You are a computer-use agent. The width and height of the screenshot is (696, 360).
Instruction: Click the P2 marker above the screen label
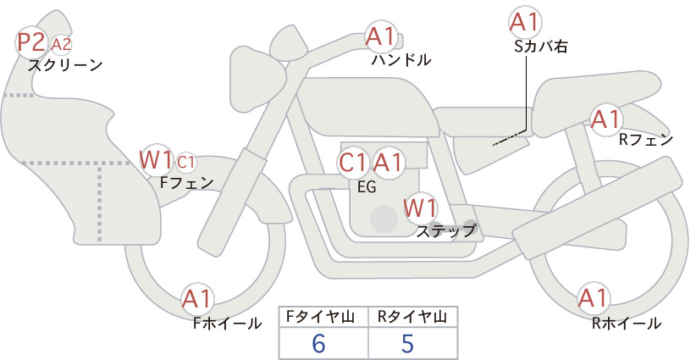coord(31,42)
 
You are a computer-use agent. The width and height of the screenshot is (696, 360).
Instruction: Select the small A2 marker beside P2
coord(61,44)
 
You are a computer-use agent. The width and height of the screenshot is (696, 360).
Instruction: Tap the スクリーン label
coord(65,65)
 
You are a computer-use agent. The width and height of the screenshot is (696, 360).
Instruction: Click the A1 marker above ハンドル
coord(380,36)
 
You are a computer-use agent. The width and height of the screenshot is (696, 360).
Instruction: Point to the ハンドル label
coord(400,59)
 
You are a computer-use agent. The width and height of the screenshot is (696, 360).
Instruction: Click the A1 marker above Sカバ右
coord(525,22)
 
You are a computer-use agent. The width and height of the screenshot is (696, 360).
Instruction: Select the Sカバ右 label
coord(541,47)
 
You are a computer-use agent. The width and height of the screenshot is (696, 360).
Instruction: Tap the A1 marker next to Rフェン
coord(605,119)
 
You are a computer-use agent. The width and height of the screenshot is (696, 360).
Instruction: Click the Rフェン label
coord(646,140)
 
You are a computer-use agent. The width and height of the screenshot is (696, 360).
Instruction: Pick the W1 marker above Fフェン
coord(155,160)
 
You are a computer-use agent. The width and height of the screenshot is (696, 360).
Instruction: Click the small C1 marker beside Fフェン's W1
coord(186,163)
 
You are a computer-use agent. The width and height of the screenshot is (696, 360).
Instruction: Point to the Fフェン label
coord(186,183)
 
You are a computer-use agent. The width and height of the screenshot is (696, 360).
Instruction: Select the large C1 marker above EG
coord(353,163)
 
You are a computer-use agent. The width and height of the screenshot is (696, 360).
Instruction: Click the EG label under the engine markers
coord(367,187)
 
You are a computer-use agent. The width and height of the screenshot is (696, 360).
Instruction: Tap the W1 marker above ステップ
coord(420,208)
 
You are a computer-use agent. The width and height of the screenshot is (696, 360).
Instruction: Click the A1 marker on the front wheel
coord(196,298)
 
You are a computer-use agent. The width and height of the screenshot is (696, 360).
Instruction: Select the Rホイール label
coord(627,324)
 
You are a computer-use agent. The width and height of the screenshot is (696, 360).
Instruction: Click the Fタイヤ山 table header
coord(320,317)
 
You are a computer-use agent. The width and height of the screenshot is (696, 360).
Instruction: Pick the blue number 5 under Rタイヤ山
coord(407,343)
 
